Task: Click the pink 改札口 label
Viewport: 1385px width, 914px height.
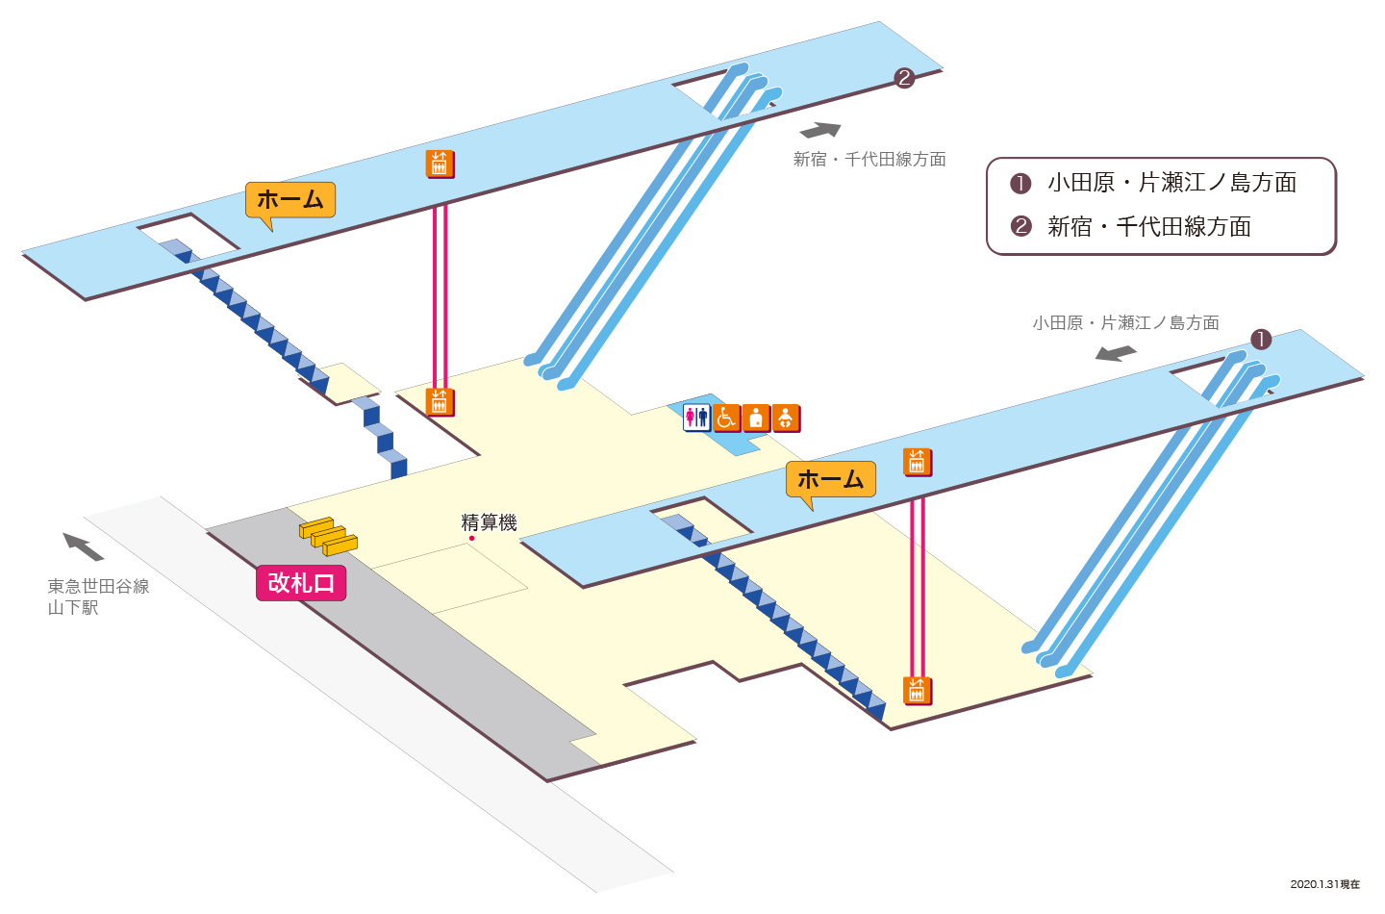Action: pyautogui.click(x=301, y=582)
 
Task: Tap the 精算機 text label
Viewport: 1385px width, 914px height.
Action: pyautogui.click(x=489, y=522)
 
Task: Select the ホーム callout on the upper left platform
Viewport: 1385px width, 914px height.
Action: pyautogui.click(x=290, y=200)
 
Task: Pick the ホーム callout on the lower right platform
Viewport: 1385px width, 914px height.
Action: pyautogui.click(x=831, y=479)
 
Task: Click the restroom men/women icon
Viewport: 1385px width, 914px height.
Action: pyautogui.click(x=696, y=418)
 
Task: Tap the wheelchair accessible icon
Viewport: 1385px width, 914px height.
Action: pyautogui.click(x=726, y=419)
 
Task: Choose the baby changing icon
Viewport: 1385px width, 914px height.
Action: pyautogui.click(x=785, y=419)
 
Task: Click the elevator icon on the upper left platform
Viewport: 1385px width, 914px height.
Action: pyautogui.click(x=440, y=164)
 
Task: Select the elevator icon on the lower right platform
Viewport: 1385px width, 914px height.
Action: pyautogui.click(x=917, y=462)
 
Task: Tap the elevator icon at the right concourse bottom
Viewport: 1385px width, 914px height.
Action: pyautogui.click(x=917, y=691)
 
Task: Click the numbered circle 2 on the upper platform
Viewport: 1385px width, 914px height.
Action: pyautogui.click(x=904, y=78)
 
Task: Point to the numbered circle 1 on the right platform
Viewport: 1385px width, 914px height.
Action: pyautogui.click(x=1261, y=339)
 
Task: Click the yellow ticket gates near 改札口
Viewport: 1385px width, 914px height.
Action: pyautogui.click(x=328, y=537)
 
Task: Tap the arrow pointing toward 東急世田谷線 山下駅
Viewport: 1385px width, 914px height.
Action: pyautogui.click(x=83, y=546)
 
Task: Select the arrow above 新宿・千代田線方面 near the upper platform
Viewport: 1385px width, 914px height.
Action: pyautogui.click(x=820, y=130)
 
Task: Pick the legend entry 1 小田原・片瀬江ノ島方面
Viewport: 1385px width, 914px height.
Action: pyautogui.click(x=1153, y=183)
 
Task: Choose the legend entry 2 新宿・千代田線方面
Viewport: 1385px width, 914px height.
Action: pyautogui.click(x=1131, y=226)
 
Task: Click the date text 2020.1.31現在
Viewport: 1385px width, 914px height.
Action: pyautogui.click(x=1325, y=884)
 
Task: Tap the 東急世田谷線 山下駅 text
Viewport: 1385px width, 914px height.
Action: pyautogui.click(x=98, y=597)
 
